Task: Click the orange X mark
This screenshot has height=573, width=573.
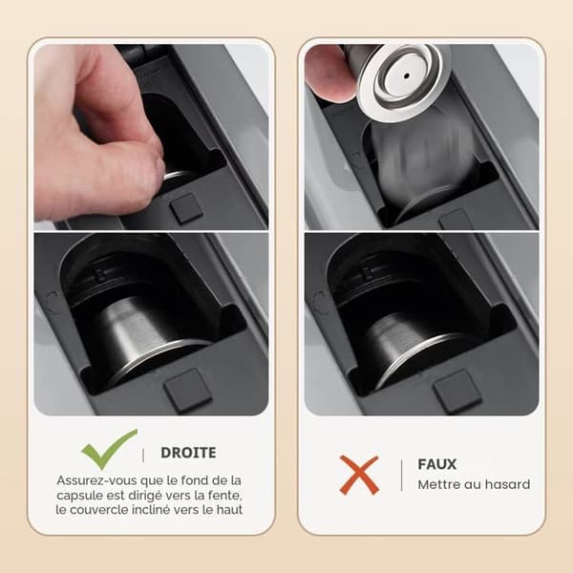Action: (359, 475)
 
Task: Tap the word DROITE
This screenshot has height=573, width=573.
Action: (188, 453)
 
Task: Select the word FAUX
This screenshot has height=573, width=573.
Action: (437, 464)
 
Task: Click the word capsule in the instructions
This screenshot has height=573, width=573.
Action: (79, 495)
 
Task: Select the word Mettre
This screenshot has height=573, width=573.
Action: (438, 484)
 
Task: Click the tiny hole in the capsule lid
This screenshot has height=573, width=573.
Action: (407, 76)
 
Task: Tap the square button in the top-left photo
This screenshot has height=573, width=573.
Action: (186, 208)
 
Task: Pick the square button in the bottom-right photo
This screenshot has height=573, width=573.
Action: (457, 391)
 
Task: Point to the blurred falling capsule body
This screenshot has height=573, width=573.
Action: (424, 160)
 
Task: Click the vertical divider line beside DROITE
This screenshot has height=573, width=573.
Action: (143, 456)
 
